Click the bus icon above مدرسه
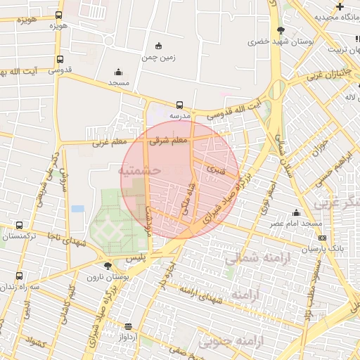click(x=179, y=105)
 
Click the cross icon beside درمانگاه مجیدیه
click(x=340, y=6)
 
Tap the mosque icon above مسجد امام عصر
click(x=297, y=214)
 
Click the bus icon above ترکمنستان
click(x=19, y=226)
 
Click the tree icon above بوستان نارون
click(x=107, y=266)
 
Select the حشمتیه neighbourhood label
click(x=140, y=170)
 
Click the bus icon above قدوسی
click(x=60, y=60)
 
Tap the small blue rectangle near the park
click(x=77, y=209)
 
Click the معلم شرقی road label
click(x=169, y=141)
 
